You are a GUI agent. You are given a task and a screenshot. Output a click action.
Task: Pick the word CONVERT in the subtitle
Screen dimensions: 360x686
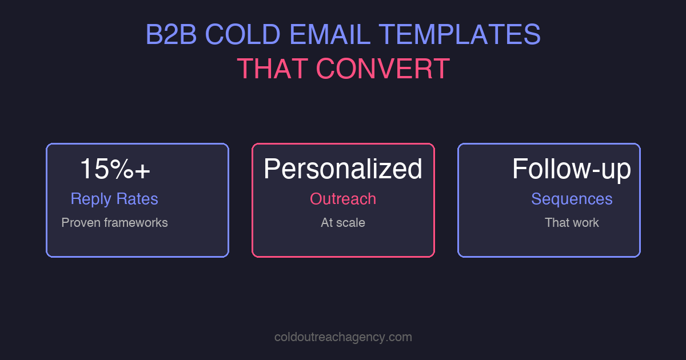382,69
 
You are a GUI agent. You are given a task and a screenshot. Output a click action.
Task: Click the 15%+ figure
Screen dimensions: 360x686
114,169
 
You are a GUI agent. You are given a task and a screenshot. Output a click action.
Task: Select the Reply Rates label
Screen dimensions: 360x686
114,199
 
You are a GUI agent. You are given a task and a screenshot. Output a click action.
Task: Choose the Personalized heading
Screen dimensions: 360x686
343,169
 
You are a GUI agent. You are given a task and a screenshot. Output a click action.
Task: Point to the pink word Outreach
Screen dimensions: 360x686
343,199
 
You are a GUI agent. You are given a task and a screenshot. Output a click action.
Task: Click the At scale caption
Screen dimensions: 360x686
343,223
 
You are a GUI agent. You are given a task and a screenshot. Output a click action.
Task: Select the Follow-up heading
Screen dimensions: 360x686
572,169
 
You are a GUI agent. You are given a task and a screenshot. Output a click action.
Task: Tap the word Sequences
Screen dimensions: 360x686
572,199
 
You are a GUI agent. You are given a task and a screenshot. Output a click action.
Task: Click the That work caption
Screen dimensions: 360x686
572,223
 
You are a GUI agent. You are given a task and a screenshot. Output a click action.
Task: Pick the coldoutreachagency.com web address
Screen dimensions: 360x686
343,337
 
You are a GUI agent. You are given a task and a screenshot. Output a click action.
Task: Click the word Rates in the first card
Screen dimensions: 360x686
137,199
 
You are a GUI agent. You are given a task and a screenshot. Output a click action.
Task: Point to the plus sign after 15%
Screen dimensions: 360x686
143,170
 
